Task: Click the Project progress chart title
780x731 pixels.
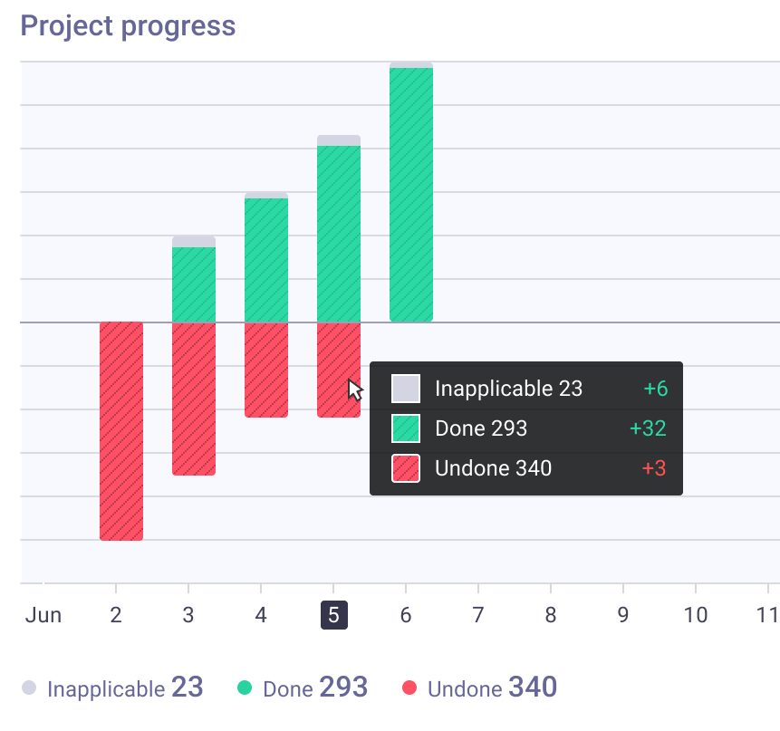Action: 128,26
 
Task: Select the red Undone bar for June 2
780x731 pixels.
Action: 121,431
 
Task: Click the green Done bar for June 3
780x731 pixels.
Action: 194,284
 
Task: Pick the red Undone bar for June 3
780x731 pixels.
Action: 194,399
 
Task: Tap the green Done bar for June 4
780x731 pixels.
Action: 266,260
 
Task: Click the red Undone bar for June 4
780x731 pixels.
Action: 266,370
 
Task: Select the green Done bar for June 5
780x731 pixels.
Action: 339,234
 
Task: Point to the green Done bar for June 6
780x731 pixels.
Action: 411,195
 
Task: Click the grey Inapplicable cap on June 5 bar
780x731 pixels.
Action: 339,140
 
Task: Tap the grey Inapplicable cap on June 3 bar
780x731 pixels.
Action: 194,242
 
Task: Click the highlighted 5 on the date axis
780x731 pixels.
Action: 333,615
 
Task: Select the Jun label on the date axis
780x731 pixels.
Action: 43,616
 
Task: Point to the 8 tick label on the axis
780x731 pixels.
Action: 551,616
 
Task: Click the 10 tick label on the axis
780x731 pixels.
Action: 696,616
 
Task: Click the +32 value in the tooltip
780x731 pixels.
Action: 648,428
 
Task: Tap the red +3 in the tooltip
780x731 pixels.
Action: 654,468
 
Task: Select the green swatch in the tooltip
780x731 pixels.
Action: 406,428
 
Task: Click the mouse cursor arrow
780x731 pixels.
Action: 355,390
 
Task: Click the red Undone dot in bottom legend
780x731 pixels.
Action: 409,688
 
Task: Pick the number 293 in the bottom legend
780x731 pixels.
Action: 343,688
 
